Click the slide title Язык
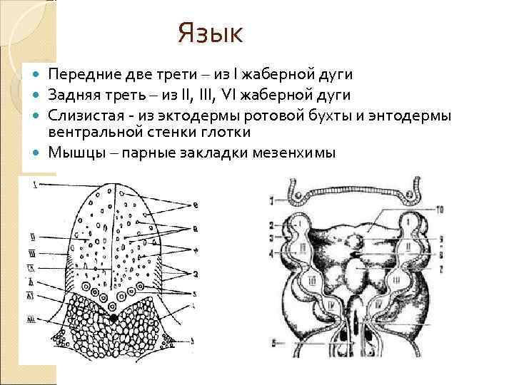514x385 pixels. pyautogui.click(x=211, y=32)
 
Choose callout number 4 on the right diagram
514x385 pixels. pyautogui.click(x=272, y=253)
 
